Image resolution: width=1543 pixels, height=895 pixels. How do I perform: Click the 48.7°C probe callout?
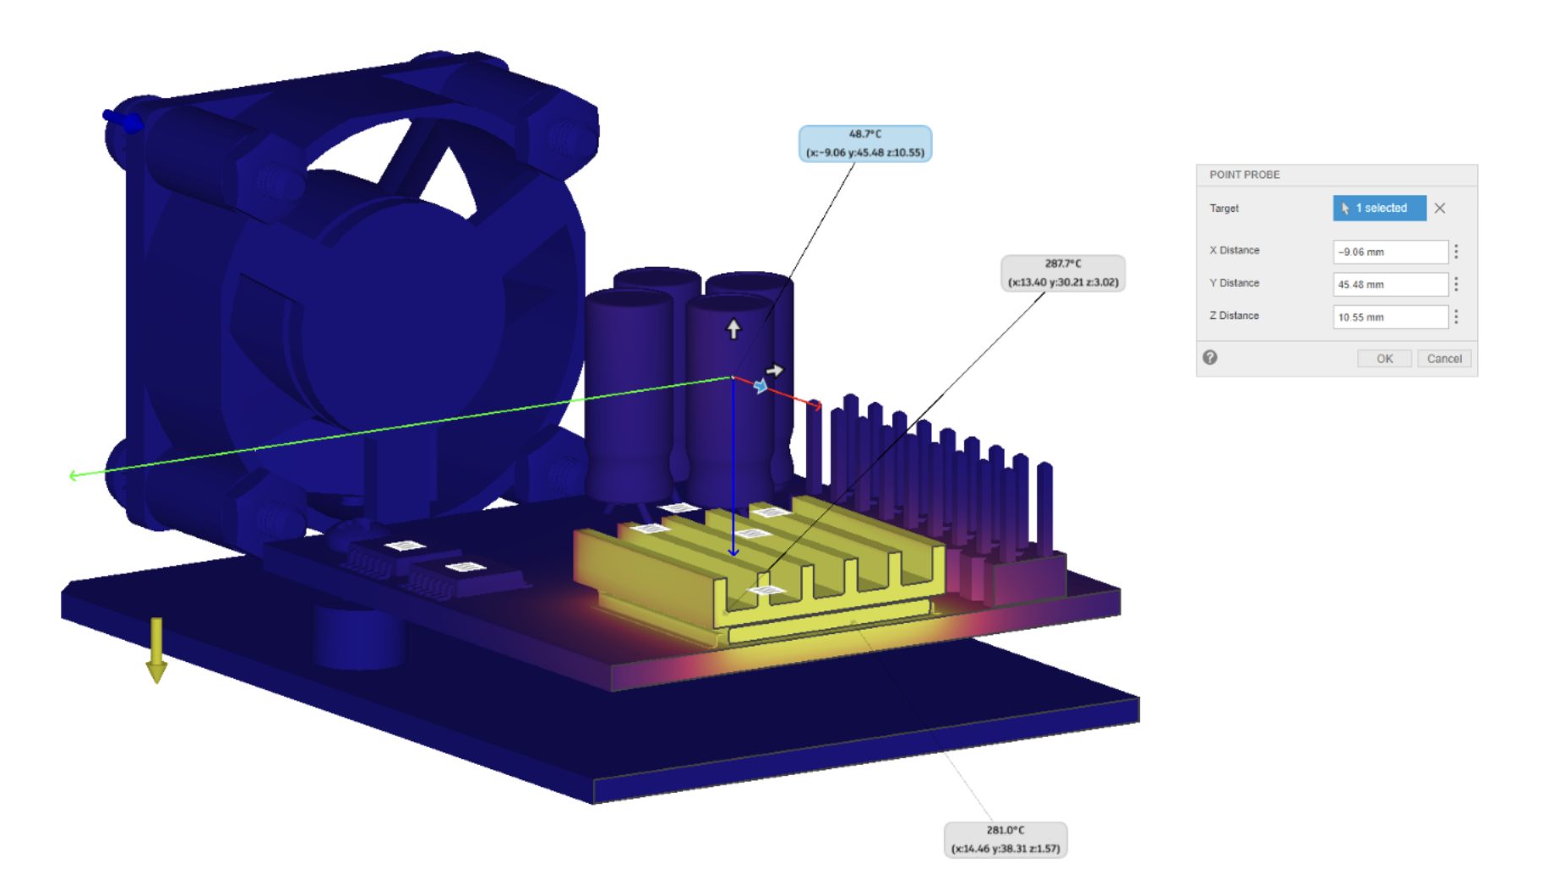864,144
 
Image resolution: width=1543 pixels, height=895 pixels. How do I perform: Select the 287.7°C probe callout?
1062,274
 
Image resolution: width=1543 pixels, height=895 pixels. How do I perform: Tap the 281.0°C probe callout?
1005,840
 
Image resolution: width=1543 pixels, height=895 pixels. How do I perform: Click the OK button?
1384,359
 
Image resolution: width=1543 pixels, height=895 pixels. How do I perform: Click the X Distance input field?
1390,252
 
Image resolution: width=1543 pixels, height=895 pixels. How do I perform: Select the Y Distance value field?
1390,285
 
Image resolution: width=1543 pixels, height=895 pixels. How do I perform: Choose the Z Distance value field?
1390,317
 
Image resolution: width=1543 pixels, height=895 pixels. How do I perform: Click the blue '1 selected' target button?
1379,208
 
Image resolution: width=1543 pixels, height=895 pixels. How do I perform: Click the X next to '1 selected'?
1440,208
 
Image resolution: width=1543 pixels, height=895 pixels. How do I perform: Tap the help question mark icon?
1210,358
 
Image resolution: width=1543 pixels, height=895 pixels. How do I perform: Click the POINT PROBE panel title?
1245,175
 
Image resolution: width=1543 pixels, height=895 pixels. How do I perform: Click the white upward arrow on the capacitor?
733,328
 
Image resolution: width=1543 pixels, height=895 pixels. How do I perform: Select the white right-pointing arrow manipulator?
774,370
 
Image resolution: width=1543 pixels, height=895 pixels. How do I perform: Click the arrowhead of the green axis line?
74,475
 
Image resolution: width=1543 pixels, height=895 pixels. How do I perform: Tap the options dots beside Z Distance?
1456,317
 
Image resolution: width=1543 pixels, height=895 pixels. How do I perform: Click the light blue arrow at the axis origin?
761,386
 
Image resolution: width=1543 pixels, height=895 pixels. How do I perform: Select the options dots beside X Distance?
1456,252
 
